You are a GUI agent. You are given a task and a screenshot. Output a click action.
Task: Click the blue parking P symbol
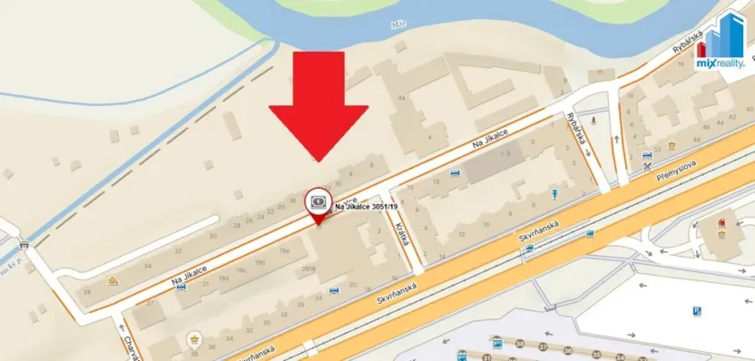696,311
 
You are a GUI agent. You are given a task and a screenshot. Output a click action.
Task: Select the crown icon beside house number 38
193,339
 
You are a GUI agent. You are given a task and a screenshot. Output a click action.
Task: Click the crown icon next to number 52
672,144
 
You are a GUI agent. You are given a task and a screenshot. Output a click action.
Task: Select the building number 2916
308,268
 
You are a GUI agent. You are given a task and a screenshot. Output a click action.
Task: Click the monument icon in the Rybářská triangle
593,119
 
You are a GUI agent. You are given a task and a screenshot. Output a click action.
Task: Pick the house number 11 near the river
599,72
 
